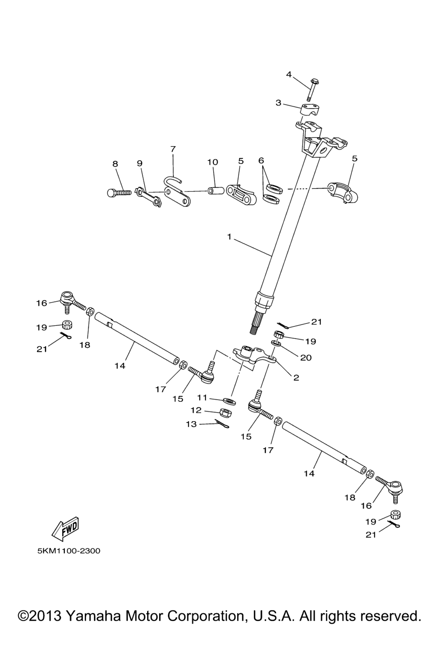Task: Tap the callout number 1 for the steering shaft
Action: click(229, 236)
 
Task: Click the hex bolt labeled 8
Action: click(117, 193)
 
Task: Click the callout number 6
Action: click(261, 160)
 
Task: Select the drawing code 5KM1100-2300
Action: click(69, 551)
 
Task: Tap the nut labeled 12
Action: click(226, 413)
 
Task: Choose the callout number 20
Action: click(306, 358)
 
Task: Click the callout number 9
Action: click(139, 163)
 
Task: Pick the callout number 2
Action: click(296, 378)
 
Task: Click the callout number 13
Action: click(191, 424)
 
